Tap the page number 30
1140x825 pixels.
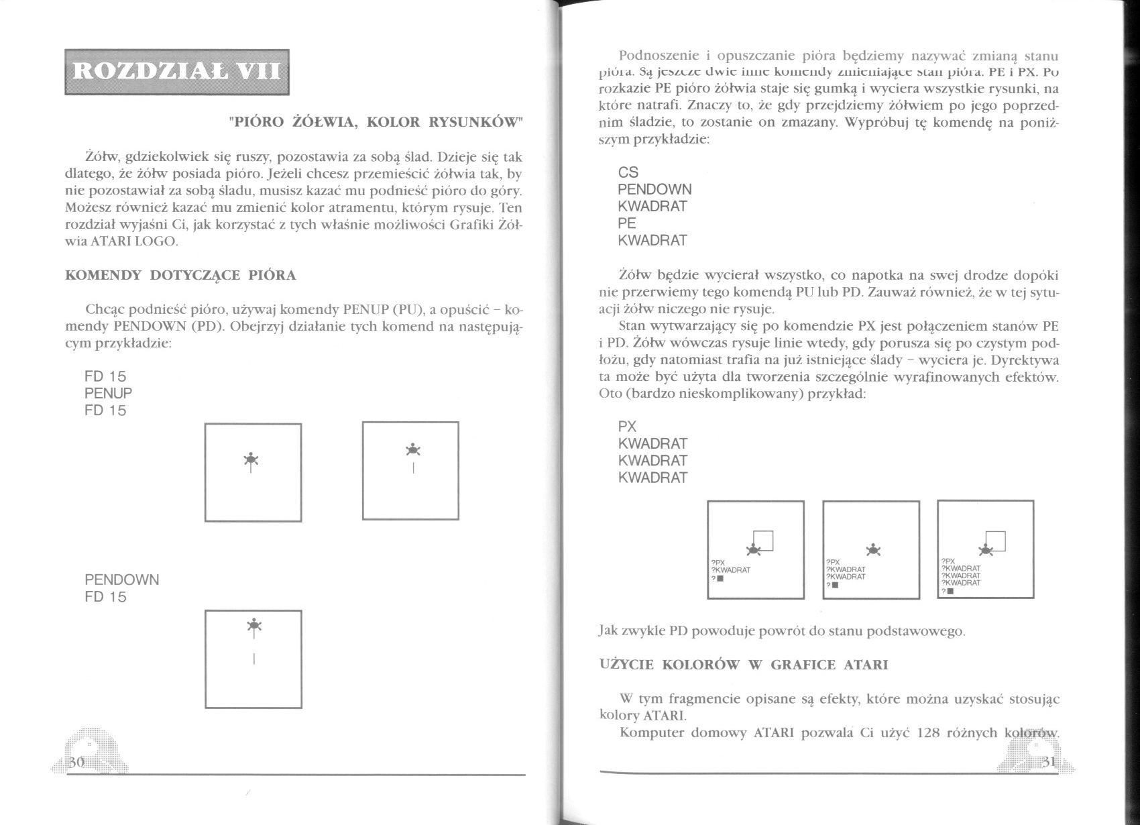[x=75, y=760]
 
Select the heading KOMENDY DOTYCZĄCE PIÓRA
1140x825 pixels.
[x=180, y=275]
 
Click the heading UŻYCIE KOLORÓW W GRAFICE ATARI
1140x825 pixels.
[x=743, y=665]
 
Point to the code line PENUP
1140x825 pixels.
[x=108, y=393]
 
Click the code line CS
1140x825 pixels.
[x=628, y=172]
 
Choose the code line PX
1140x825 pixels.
[x=627, y=427]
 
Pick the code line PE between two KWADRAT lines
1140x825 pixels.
[x=627, y=223]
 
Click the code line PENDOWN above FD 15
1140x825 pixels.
[x=121, y=580]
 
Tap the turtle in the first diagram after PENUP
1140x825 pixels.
[x=251, y=459]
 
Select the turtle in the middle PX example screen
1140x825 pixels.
[x=872, y=549]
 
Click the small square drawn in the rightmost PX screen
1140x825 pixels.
[x=996, y=541]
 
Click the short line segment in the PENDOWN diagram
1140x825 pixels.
[x=253, y=659]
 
